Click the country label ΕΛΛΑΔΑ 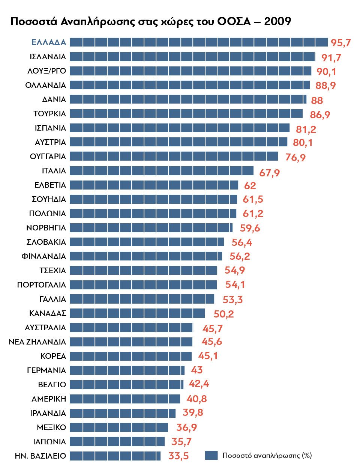point(49,42)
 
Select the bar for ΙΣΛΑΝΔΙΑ point(192,57)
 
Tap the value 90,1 point(326,72)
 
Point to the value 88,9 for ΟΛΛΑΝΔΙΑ point(325,86)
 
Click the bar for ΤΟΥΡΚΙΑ point(186,114)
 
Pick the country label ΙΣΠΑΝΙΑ point(50,128)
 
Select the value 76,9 point(295,157)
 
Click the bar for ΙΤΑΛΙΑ point(162,171)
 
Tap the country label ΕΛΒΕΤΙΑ point(50,185)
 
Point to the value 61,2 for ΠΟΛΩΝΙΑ point(253,214)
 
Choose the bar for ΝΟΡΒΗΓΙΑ point(151,228)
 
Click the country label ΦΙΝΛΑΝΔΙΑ point(44,256)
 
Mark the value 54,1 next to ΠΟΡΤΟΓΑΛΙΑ point(235,285)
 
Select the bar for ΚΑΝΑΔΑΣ point(137,313)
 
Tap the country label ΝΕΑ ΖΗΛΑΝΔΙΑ point(37,342)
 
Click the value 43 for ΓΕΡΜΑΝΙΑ point(197,370)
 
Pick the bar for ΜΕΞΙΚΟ point(119,427)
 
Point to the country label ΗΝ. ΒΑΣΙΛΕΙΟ point(40,456)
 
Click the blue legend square point(211,455)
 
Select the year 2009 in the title point(277,21)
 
